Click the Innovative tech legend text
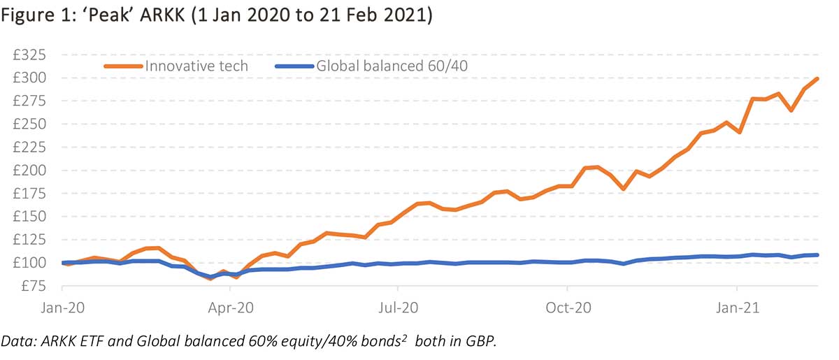pyautogui.click(x=196, y=66)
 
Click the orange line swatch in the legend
pyautogui.click(x=123, y=66)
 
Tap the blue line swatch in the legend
pyautogui.click(x=294, y=66)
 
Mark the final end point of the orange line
pyautogui.click(x=817, y=79)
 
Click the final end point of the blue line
pyautogui.click(x=817, y=255)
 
